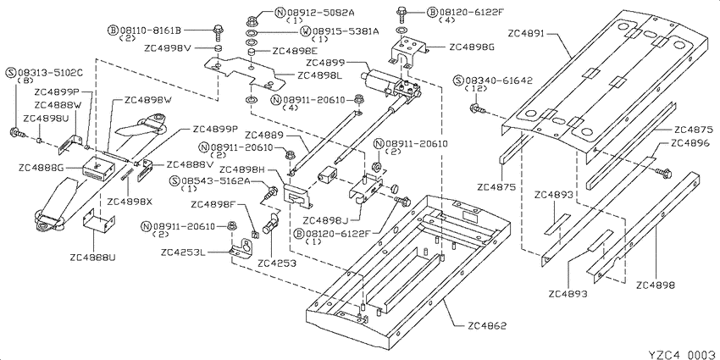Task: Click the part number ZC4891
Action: (527, 34)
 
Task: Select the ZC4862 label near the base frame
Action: (487, 326)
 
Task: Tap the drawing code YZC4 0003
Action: (683, 354)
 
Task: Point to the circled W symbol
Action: (305, 31)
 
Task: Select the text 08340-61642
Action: (499, 80)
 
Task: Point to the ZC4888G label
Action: (41, 168)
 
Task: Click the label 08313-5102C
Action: (50, 73)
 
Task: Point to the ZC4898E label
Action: (291, 51)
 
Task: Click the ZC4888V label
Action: (185, 164)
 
